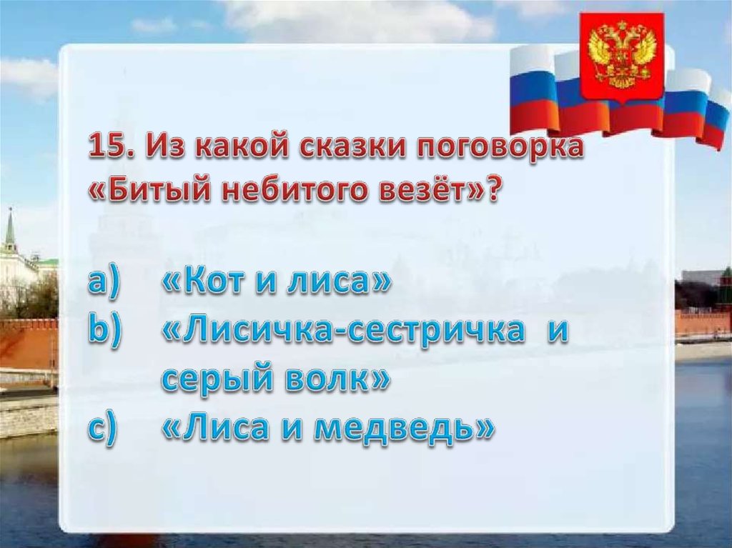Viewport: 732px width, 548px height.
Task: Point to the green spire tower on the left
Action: (10, 234)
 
